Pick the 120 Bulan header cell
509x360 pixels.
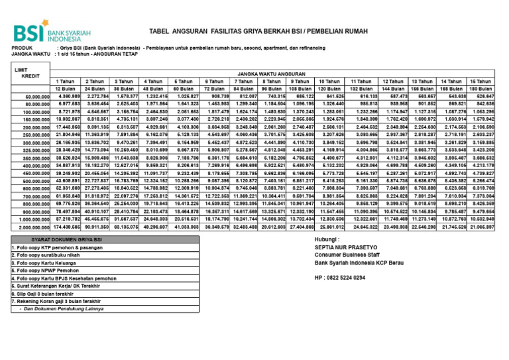pos(329,88)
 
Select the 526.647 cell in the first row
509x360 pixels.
pos(482,96)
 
